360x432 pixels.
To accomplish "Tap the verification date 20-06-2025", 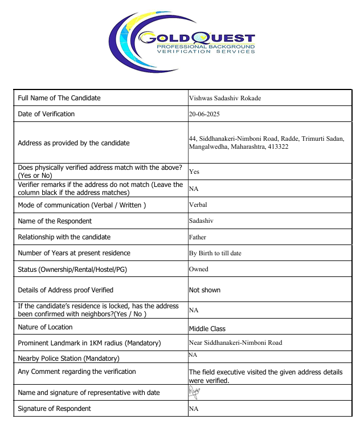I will (x=204, y=114).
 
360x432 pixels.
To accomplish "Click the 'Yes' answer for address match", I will (x=194, y=172).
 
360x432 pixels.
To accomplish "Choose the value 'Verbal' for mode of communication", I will (x=198, y=205).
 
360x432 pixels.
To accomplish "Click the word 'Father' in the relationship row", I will (x=197, y=237).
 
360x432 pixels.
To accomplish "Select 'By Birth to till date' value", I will (x=215, y=253).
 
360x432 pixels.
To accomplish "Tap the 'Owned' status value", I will (x=198, y=269).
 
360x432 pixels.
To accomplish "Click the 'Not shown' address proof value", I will (x=204, y=290).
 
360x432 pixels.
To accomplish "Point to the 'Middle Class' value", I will (x=207, y=329).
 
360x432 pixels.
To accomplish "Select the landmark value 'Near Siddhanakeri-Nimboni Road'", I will (x=235, y=343).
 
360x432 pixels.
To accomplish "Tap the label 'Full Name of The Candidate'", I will (x=59, y=98).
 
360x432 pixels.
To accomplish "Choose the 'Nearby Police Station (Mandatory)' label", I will (x=68, y=358).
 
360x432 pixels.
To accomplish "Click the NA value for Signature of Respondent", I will (x=193, y=409).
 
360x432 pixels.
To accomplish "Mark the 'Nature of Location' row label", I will (x=45, y=327).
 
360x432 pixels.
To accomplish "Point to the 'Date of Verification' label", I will (x=46, y=114).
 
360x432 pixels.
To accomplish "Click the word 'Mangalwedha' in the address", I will (x=207, y=147).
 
